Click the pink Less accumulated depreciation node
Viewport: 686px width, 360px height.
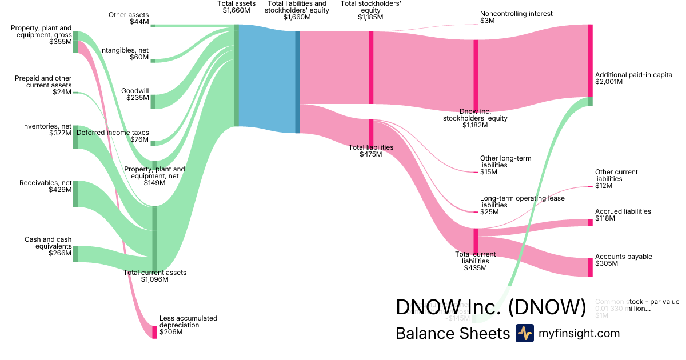[154, 332]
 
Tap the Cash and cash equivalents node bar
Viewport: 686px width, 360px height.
[75, 254]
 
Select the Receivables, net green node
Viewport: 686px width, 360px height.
[75, 194]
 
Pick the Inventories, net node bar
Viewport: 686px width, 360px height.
[75, 137]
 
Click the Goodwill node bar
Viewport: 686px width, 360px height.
[153, 102]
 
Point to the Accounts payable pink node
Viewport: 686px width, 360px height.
[591, 267]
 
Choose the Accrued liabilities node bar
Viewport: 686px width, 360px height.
[591, 222]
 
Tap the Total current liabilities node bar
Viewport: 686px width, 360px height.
[476, 241]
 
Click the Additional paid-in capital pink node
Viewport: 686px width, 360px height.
[591, 61]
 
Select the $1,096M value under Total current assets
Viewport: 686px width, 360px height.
[154, 279]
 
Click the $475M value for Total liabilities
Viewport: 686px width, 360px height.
[370, 154]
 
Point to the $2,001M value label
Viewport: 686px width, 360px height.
[609, 82]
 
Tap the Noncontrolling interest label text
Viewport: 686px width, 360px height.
[516, 14]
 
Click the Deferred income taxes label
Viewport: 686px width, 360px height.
[112, 133]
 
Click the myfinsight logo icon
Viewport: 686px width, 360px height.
[524, 333]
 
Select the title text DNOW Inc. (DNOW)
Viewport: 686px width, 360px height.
[490, 307]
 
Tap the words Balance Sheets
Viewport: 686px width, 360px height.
[452, 333]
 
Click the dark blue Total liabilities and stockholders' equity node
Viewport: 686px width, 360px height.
[297, 82]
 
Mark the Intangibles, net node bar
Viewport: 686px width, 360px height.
[153, 61]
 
